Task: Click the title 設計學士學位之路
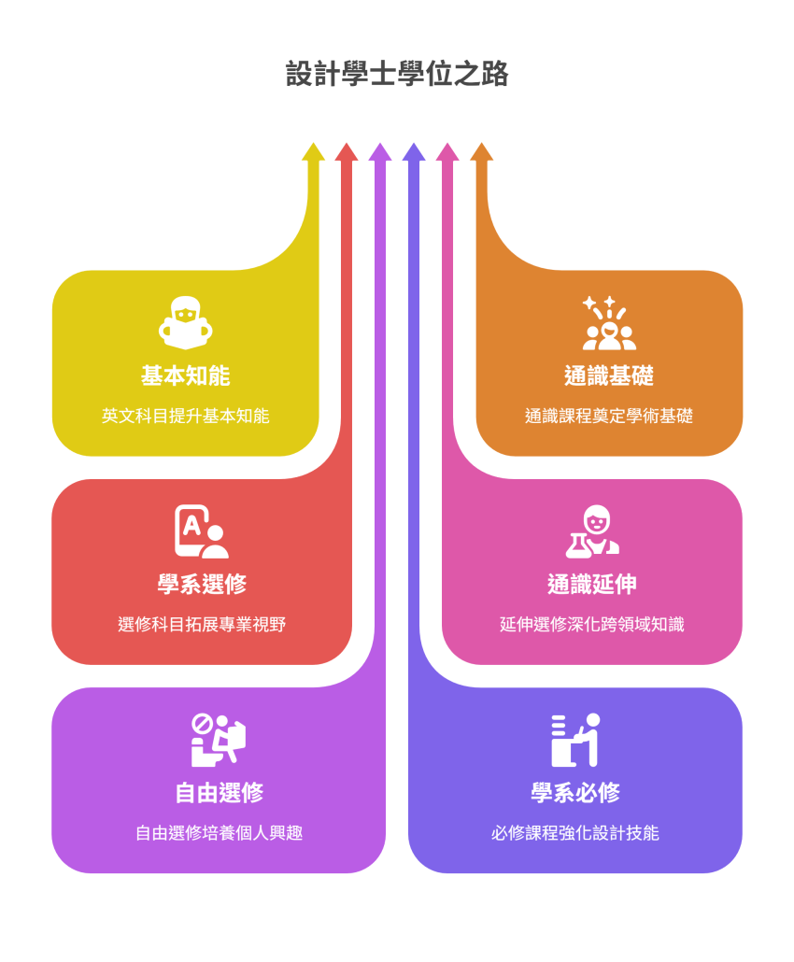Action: (x=397, y=75)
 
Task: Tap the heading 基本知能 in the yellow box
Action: (x=185, y=376)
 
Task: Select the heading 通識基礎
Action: (x=608, y=376)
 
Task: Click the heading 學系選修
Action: (x=202, y=585)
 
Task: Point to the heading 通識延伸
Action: (x=591, y=585)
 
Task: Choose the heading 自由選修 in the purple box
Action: (x=219, y=793)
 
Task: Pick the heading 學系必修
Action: (x=574, y=793)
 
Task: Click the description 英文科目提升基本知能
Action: (x=185, y=416)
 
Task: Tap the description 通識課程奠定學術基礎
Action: (x=608, y=416)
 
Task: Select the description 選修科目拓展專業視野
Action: (x=202, y=624)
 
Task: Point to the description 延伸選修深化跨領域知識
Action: (x=591, y=624)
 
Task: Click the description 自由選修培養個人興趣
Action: (x=219, y=832)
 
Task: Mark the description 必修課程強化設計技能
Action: (x=574, y=832)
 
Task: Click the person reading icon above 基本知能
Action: (x=185, y=322)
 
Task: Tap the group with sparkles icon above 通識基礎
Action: (x=608, y=322)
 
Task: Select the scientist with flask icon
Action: (x=591, y=531)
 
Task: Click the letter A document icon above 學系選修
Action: (x=201, y=531)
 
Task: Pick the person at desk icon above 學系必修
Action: (x=574, y=740)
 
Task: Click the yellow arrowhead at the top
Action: (x=313, y=151)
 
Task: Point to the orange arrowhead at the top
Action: (x=481, y=151)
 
